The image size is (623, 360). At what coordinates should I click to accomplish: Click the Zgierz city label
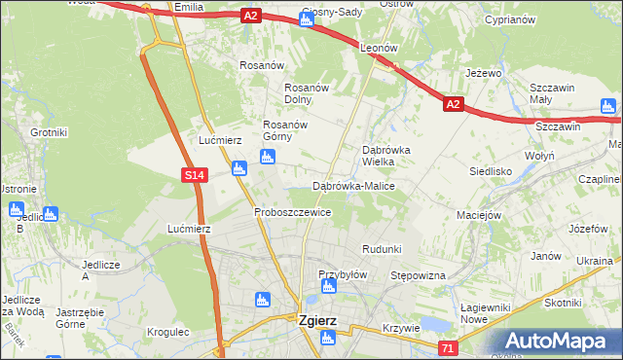click(317, 318)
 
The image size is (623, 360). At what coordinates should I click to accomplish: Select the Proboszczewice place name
click(293, 211)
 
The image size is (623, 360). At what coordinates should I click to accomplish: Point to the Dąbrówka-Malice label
click(353, 185)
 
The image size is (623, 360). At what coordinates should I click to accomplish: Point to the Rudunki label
click(382, 250)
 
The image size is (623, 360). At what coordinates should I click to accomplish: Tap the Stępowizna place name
click(418, 276)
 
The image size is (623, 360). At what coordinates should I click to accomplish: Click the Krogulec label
click(167, 332)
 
